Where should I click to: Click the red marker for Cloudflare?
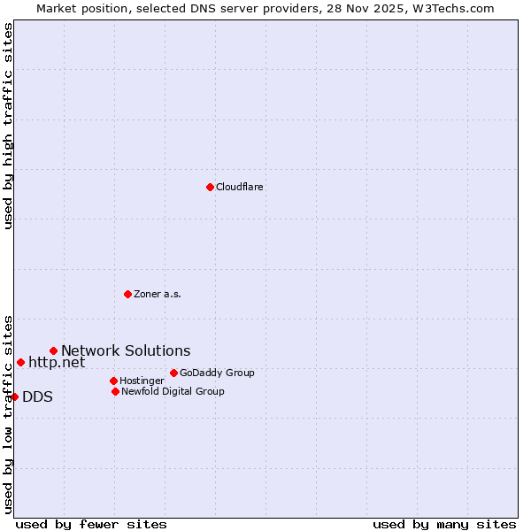(210, 187)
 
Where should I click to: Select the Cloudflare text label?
(239, 188)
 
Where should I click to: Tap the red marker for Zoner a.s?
(127, 294)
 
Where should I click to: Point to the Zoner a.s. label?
(158, 295)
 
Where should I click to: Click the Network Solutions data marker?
(53, 351)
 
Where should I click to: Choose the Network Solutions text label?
(126, 351)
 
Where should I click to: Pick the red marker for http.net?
(20, 362)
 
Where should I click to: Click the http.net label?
(57, 362)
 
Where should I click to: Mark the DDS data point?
(15, 396)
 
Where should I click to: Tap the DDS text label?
(37, 397)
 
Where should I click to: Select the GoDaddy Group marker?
(173, 373)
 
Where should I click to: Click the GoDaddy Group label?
(217, 373)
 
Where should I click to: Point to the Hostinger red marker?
(113, 381)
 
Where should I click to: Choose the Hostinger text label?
(142, 381)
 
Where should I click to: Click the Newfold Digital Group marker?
(115, 391)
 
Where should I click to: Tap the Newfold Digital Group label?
(173, 392)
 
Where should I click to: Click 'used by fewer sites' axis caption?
(91, 524)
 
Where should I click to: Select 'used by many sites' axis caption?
(444, 524)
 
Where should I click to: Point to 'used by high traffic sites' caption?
(9, 126)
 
